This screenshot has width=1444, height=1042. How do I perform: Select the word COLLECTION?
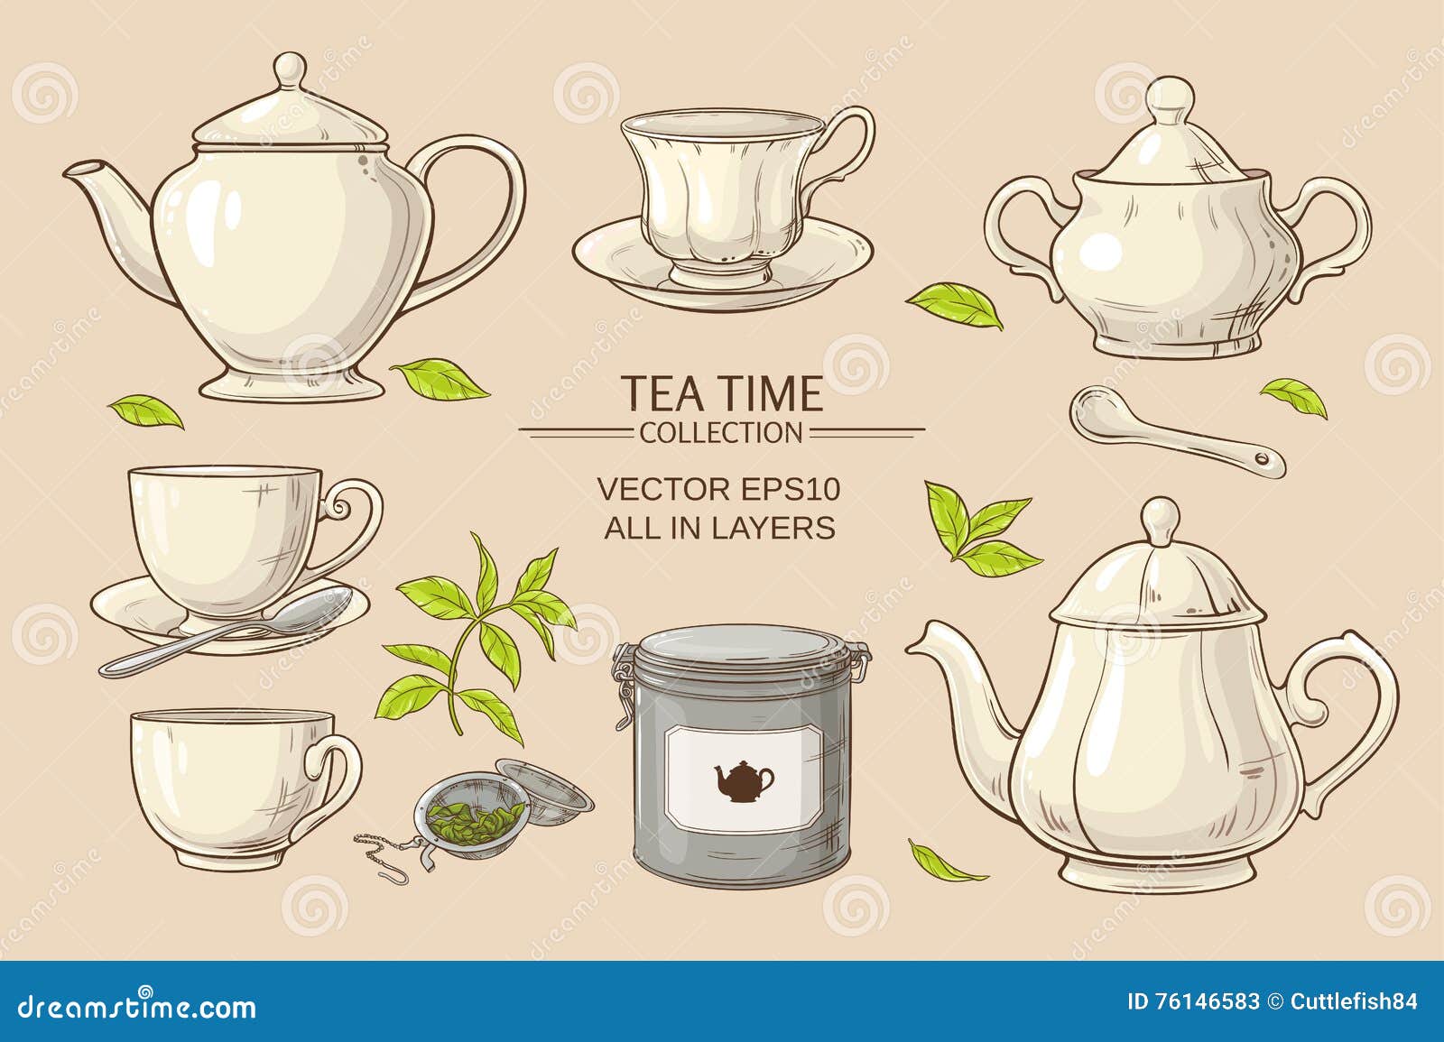pyautogui.click(x=721, y=433)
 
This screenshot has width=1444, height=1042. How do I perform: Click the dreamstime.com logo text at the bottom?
pyautogui.click(x=136, y=1006)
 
